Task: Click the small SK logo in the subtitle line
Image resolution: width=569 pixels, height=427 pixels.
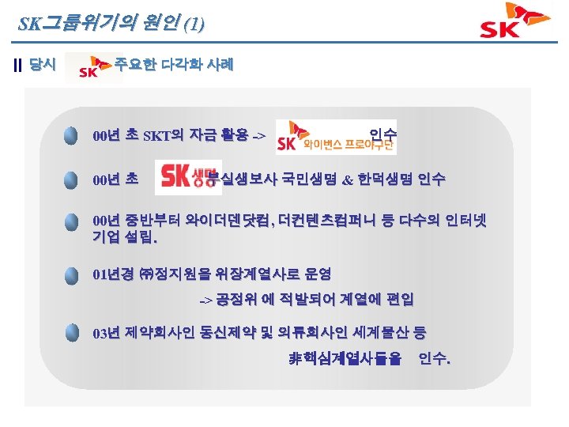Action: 93,69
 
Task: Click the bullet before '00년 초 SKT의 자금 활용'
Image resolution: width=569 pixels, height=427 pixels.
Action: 72,135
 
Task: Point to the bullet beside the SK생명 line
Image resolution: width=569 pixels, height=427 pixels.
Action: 72,180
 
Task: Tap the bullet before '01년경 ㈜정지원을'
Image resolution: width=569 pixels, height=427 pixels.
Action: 72,274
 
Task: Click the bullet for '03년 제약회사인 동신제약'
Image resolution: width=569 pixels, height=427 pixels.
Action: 72,331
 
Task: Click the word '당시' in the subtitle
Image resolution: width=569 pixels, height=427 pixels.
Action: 42,65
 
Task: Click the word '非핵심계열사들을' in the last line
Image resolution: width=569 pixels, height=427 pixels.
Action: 345,361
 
